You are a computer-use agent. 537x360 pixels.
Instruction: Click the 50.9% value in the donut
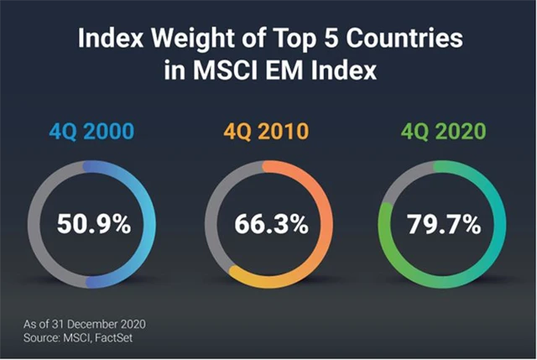click(94, 224)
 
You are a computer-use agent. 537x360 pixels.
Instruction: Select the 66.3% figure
click(268, 224)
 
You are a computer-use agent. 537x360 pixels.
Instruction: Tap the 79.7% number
click(443, 224)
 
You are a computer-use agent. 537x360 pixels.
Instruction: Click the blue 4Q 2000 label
click(94, 132)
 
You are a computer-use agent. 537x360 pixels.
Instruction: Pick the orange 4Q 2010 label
click(268, 132)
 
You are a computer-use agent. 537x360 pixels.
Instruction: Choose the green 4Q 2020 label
click(443, 132)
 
